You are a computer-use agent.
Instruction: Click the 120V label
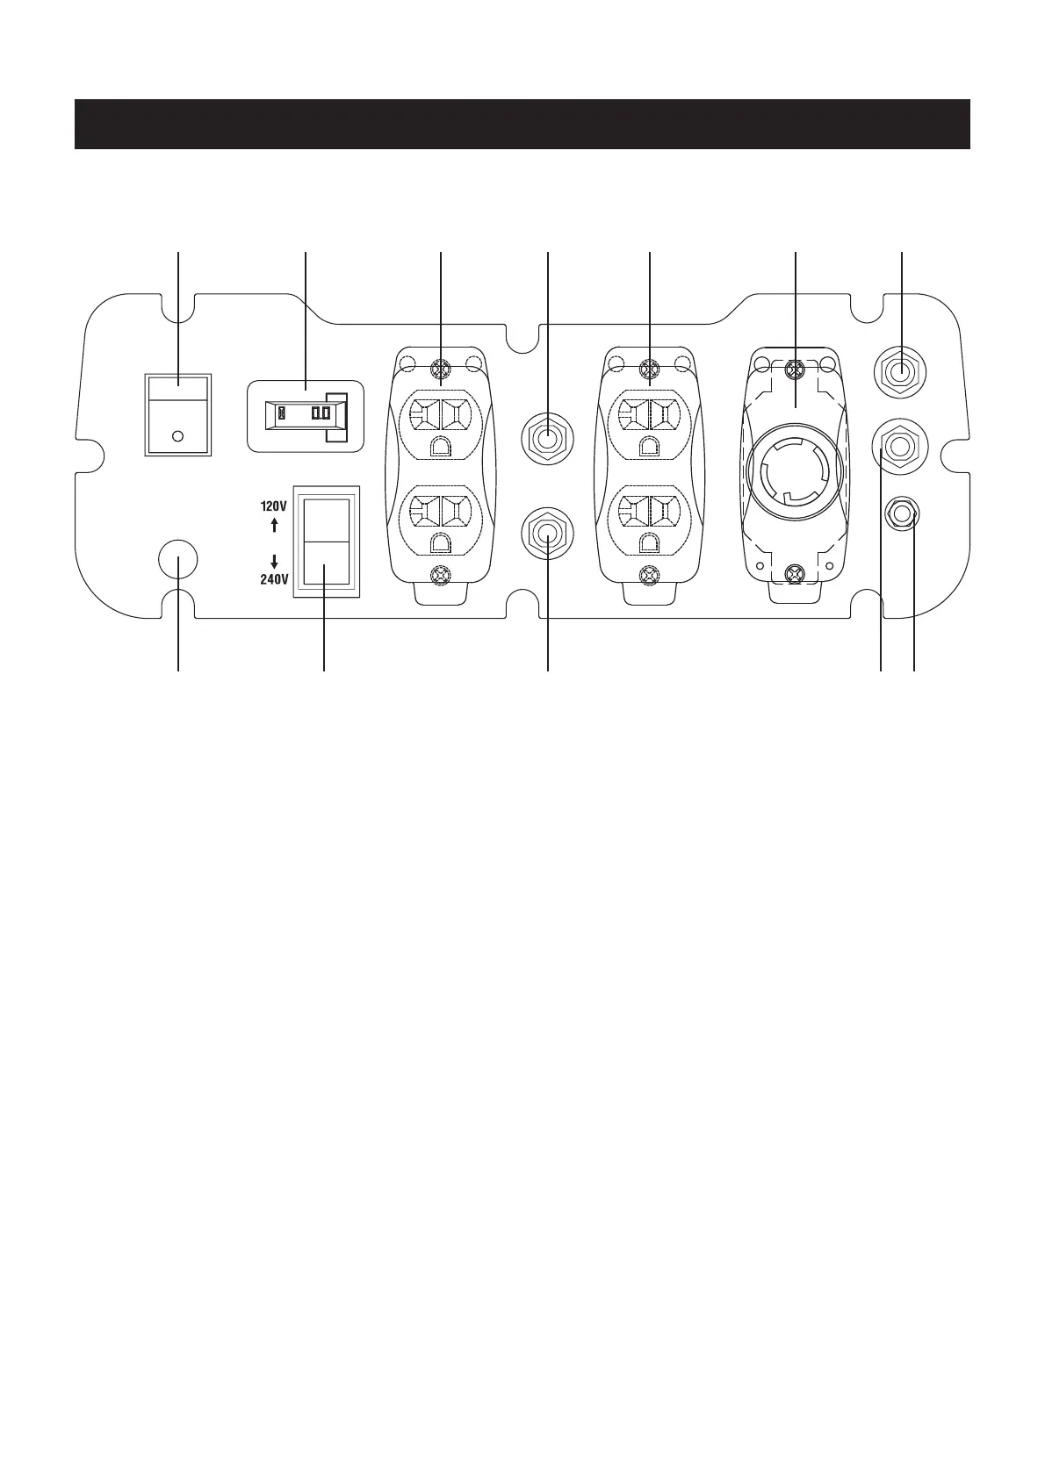pos(274,506)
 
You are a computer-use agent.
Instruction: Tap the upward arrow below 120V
pos(274,525)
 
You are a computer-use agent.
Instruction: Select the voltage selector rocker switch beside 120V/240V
pos(327,541)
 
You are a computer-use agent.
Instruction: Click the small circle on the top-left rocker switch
pos(177,435)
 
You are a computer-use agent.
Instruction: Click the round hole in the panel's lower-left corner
pos(177,559)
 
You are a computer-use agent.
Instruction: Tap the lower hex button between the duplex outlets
pos(547,534)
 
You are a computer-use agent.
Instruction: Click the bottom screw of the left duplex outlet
pos(440,576)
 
